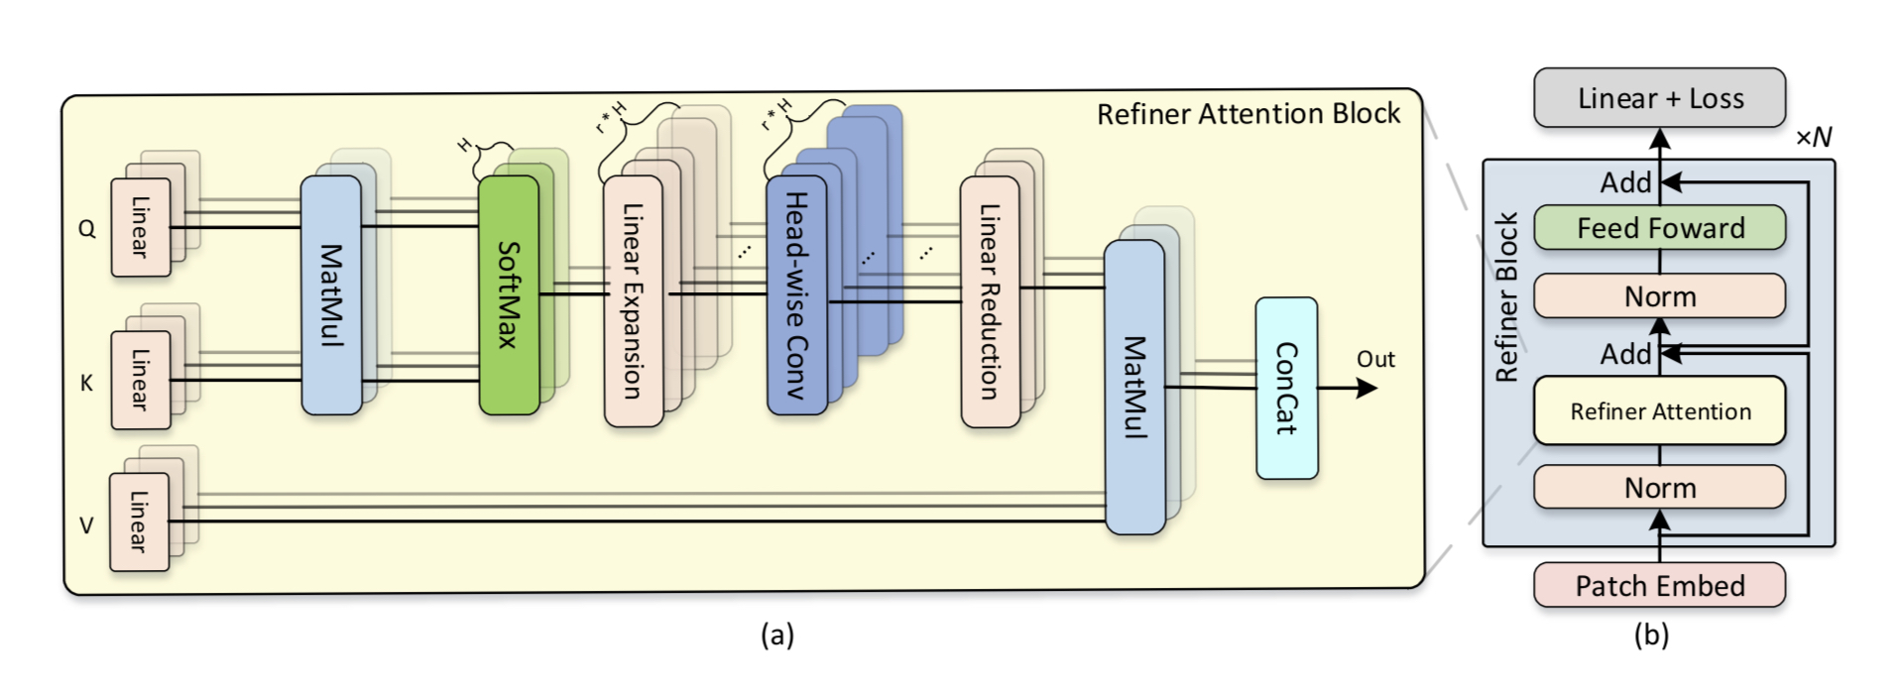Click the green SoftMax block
point(509,294)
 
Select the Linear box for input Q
point(140,227)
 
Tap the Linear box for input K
point(140,380)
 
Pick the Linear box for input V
point(139,521)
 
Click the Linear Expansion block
point(633,300)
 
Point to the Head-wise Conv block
point(796,294)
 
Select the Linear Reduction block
point(989,301)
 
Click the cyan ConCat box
point(1286,389)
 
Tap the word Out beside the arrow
point(1375,359)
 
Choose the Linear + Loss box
point(1659,98)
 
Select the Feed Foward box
point(1659,228)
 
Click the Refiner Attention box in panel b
point(1659,410)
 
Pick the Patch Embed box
point(1659,585)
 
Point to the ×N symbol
point(1814,137)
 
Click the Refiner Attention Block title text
point(1248,114)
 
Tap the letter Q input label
point(87,229)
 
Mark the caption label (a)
point(777,635)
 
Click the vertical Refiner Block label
point(1506,296)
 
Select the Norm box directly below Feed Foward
point(1659,295)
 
